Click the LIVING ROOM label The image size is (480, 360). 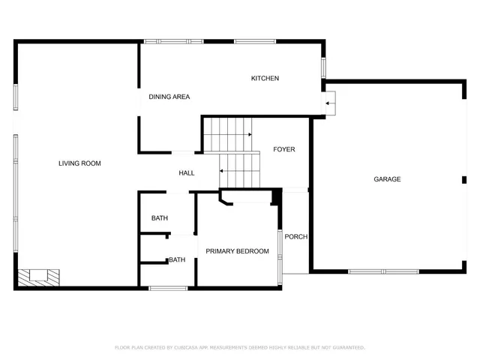coord(79,163)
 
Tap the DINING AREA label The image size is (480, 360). coord(169,97)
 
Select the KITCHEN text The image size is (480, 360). coord(265,79)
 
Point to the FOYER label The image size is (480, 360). coord(283,149)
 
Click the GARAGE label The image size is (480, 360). coord(387,179)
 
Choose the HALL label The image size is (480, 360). coord(187,173)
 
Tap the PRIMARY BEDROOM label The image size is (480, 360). coord(237,251)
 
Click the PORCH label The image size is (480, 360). coord(296,237)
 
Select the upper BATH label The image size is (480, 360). coord(160,218)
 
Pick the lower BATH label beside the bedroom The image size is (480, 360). coord(177,260)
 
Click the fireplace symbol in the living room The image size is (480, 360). coord(39,277)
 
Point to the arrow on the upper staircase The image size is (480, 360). coord(248,135)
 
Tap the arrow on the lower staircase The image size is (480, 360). coord(222,172)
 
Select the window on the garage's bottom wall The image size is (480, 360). coord(383,271)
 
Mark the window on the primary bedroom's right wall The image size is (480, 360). coord(280,253)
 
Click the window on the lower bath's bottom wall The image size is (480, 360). coord(168,288)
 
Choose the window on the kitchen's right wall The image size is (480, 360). coord(323,67)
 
